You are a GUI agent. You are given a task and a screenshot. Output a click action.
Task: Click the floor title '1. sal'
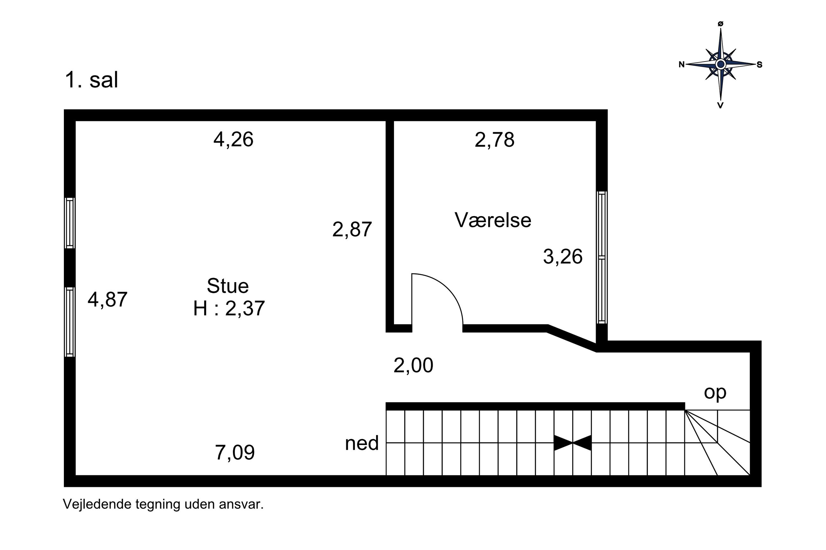(x=91, y=80)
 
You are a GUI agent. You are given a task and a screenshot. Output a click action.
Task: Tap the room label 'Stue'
(x=227, y=286)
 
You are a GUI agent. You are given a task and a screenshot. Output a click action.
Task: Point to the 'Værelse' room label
(x=493, y=220)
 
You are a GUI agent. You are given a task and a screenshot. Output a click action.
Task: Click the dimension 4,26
(x=234, y=140)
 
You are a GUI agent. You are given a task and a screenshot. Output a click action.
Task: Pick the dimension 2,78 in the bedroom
(x=494, y=140)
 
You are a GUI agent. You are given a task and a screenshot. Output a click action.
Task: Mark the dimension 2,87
(x=352, y=230)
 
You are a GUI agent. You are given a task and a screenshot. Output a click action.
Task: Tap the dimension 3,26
(x=563, y=257)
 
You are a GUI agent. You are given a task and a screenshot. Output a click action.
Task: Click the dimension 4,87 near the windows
(x=107, y=300)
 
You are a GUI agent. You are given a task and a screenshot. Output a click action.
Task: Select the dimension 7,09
(x=235, y=453)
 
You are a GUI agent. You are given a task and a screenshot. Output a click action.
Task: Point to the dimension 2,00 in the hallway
(x=413, y=366)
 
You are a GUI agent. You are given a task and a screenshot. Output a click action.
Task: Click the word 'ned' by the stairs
(x=362, y=443)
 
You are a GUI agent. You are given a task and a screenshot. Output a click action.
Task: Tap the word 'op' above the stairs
(x=715, y=393)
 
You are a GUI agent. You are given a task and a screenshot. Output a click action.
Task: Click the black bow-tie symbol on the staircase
(x=572, y=443)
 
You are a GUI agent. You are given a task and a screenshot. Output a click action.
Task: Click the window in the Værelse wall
(x=602, y=257)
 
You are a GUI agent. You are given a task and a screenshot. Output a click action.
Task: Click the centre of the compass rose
(x=721, y=64)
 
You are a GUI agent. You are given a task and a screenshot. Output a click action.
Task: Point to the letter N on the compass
(x=681, y=64)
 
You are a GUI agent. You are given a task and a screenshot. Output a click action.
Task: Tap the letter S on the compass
(x=759, y=64)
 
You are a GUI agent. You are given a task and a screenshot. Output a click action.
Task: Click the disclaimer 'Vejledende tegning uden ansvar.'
(x=163, y=504)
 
